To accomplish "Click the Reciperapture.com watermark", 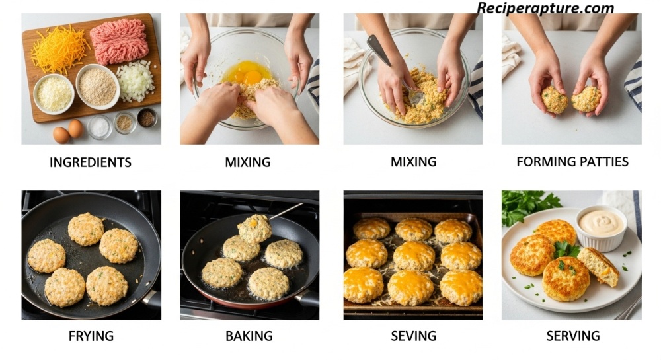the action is coord(545,8).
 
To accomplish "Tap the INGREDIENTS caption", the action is coord(90,162).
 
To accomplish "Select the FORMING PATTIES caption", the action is coord(572,162).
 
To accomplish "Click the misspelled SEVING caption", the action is coord(413,336).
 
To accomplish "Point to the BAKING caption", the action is coord(249,336).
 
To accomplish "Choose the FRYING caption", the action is coord(91,336).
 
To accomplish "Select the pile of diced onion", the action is coord(136,81).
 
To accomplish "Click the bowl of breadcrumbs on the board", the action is coord(97,87).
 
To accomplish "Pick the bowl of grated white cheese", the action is coord(54,94).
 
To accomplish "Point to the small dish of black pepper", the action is coord(147,118).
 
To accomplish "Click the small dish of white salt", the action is coord(100,127).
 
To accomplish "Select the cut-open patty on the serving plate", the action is coord(598,266).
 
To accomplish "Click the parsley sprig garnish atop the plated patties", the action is coord(565,249).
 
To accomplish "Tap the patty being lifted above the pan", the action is coord(254,228).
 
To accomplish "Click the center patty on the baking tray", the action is coord(414,256).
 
